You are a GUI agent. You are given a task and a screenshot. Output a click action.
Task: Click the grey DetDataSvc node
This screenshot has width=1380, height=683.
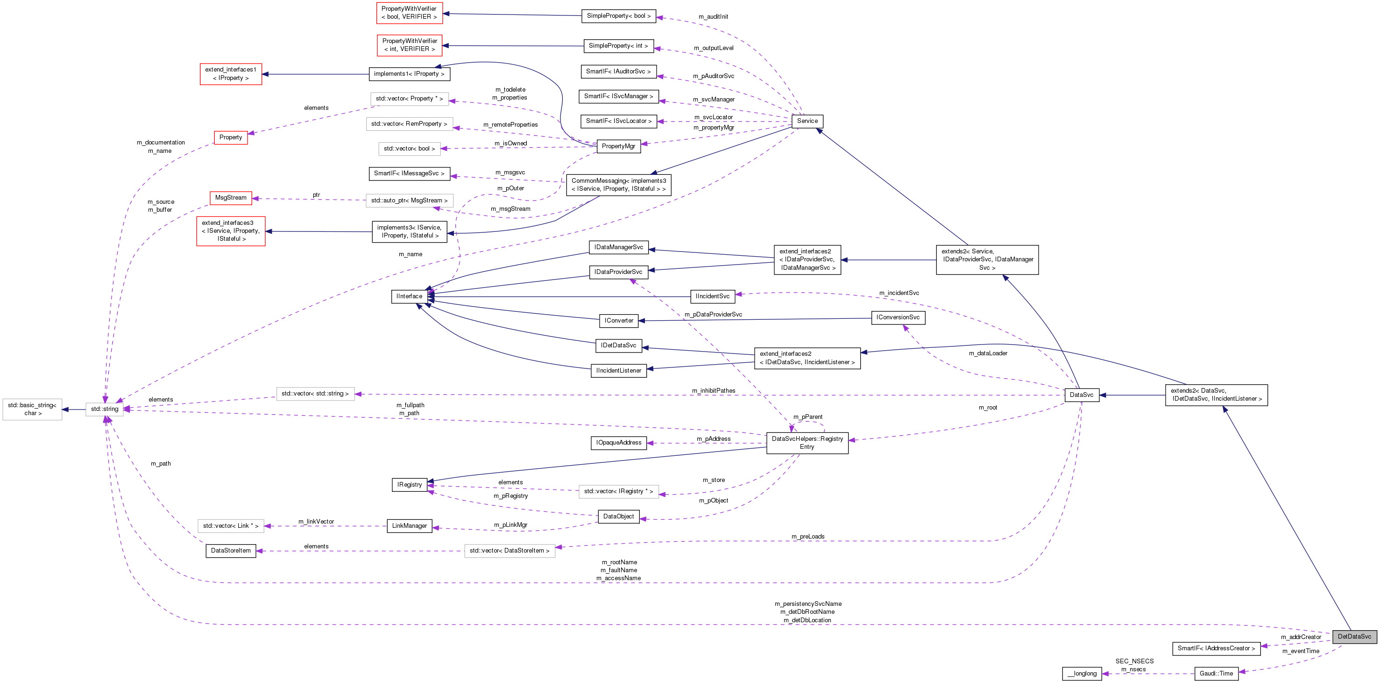click(1354, 636)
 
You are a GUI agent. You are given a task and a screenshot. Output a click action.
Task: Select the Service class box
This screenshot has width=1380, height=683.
click(807, 121)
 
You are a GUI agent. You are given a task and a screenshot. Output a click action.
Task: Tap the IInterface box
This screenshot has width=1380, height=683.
click(409, 296)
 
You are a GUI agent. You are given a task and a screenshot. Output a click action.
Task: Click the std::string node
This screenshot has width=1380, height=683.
click(105, 409)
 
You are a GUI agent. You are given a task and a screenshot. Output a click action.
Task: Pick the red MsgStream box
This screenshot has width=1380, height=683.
click(230, 198)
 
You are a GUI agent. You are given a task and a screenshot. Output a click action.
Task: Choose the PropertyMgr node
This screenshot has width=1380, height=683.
click(618, 146)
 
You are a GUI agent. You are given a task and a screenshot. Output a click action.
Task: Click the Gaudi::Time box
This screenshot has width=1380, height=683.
click(1216, 673)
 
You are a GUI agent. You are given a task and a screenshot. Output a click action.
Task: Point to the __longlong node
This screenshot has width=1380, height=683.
click(1082, 673)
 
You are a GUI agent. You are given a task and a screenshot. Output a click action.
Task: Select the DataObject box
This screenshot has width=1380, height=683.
click(618, 516)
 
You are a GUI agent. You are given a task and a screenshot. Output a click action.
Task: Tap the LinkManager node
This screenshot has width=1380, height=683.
click(409, 526)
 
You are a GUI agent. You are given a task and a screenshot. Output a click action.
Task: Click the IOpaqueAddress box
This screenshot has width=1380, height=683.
click(618, 443)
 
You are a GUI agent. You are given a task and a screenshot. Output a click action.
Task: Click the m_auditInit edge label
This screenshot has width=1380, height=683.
click(713, 17)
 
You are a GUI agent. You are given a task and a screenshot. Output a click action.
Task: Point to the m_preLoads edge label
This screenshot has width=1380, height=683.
click(807, 537)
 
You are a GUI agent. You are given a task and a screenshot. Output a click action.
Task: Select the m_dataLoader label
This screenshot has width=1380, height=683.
click(988, 353)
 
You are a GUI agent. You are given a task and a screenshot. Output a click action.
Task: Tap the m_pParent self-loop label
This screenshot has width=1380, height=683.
click(807, 417)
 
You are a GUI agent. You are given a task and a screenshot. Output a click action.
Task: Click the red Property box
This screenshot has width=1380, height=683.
click(230, 138)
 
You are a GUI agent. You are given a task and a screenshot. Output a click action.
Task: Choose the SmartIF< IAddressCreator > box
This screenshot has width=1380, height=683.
click(1216, 648)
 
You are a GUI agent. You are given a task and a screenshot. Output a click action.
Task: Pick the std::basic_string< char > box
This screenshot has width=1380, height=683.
click(32, 410)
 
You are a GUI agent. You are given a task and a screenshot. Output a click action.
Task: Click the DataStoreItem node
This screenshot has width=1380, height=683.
click(230, 551)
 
